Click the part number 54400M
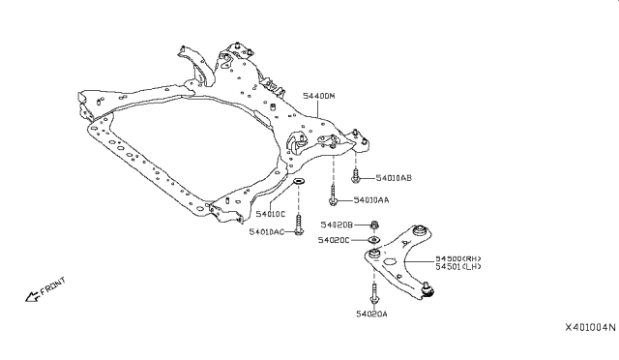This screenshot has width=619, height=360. coord(319,97)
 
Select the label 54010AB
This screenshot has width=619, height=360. coord(393,178)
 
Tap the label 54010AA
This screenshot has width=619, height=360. coord(371,200)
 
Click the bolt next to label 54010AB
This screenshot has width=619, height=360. coord(357,176)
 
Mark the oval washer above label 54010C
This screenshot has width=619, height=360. coord(298,181)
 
